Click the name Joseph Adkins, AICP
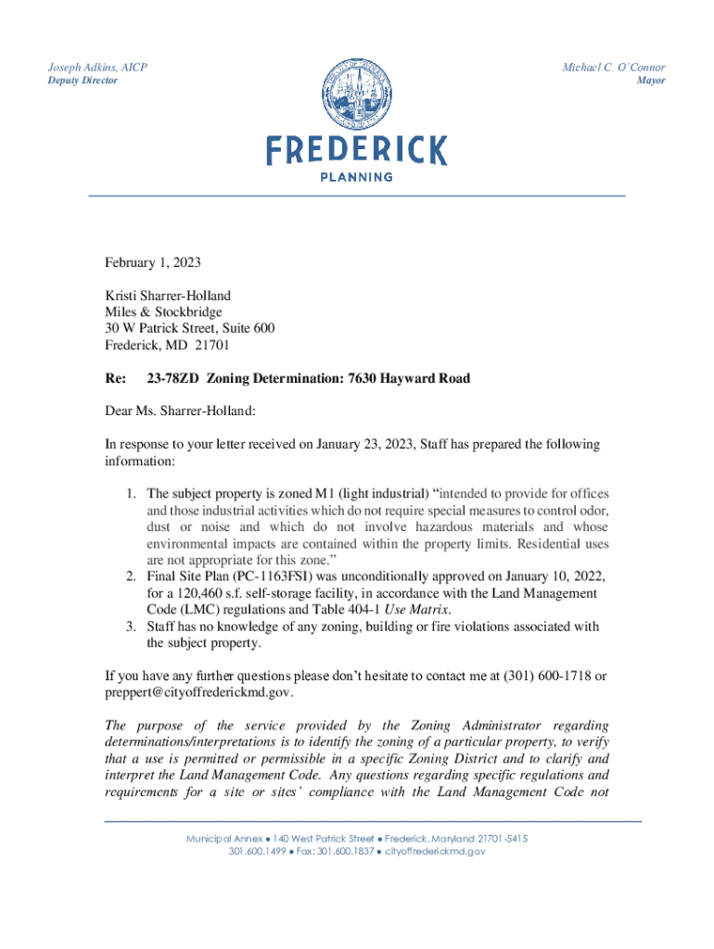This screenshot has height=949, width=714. coord(97,68)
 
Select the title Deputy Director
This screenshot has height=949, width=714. coord(83,82)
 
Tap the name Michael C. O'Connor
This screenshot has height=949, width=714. coord(614,68)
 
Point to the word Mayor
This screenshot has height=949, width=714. coord(650,82)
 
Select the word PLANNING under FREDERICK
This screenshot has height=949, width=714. coord(357,177)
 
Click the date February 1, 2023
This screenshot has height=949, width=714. coord(153,263)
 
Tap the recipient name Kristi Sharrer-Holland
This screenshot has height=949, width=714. coord(168,297)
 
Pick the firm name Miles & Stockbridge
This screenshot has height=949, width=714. coord(163,313)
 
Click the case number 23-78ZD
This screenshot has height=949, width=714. coord(173,378)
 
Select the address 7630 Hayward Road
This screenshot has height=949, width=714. coord(408,378)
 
